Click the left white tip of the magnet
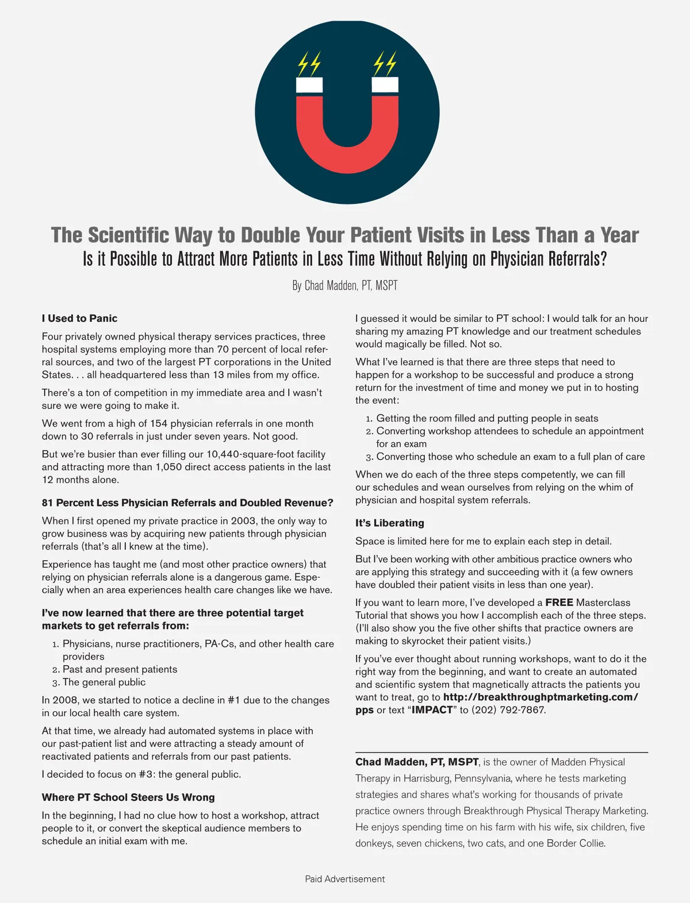pyautogui.click(x=309, y=85)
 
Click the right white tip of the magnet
pyautogui.click(x=385, y=84)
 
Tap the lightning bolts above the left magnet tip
pyautogui.click(x=309, y=64)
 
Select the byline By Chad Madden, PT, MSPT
pyautogui.click(x=344, y=285)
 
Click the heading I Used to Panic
pyautogui.click(x=79, y=318)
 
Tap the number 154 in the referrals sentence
pyautogui.click(x=159, y=423)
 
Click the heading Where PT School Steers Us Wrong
pyautogui.click(x=128, y=797)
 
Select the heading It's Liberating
pyautogui.click(x=389, y=523)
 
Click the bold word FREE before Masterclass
pyautogui.click(x=559, y=603)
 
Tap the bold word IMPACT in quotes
pyautogui.click(x=432, y=710)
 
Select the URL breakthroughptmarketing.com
pyautogui.click(x=540, y=697)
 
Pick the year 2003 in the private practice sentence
pyautogui.click(x=244, y=521)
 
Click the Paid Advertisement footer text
pyautogui.click(x=344, y=879)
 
